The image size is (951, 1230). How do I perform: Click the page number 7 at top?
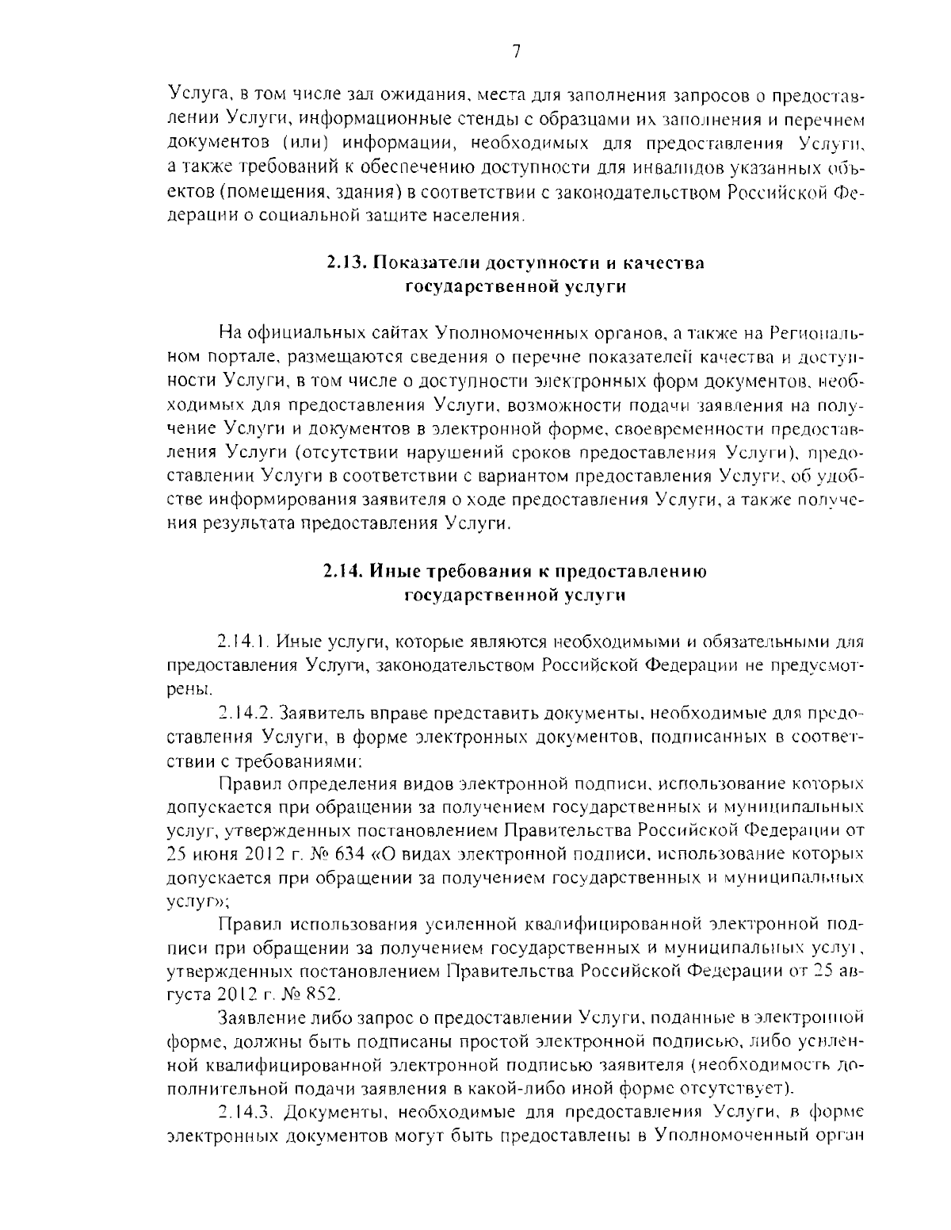coord(516,52)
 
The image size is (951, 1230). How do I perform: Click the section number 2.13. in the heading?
coord(347,262)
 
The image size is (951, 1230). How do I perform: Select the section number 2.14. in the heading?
coord(344,572)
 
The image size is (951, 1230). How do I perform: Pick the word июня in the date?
coord(213,855)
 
